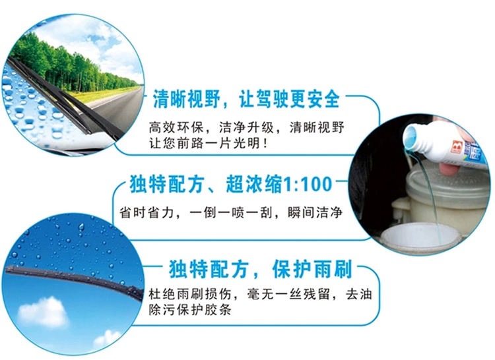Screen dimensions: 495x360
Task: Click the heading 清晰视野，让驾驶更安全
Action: (x=246, y=99)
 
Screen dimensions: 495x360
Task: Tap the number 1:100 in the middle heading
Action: (x=306, y=185)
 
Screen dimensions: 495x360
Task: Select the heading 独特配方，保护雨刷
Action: (x=261, y=269)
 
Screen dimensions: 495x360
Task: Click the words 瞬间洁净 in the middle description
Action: (x=315, y=212)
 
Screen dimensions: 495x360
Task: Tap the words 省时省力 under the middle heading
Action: (x=147, y=212)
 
